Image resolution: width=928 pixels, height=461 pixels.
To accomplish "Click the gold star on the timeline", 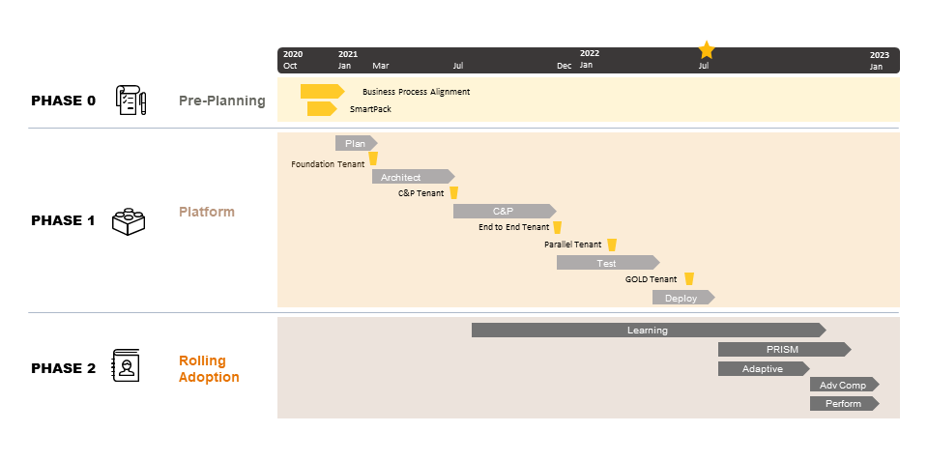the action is [706, 49].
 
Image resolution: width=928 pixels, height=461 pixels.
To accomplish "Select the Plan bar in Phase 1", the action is [356, 143].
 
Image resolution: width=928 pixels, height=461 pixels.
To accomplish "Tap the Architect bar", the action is [413, 177].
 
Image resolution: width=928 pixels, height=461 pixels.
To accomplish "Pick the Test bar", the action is [607, 263].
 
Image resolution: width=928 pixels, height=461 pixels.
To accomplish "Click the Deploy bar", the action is [683, 298].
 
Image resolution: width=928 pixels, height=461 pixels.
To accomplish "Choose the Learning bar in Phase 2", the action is [648, 331].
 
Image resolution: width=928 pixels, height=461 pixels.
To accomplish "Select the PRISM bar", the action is [784, 349].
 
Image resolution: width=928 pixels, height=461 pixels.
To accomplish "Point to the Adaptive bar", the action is [764, 368].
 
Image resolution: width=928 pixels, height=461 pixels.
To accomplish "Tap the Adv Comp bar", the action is [844, 386].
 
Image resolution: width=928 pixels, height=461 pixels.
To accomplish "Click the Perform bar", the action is [844, 404].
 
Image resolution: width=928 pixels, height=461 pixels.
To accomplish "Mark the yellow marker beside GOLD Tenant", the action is [689, 278].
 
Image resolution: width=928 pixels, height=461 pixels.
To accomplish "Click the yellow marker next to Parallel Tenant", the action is [612, 245].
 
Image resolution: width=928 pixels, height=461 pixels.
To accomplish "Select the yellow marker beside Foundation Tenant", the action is [373, 158].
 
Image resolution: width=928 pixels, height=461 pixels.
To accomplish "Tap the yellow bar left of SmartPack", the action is [321, 109].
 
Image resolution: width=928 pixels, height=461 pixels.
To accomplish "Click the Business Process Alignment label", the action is [416, 92].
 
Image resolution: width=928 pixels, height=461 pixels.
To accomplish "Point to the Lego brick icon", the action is [129, 221].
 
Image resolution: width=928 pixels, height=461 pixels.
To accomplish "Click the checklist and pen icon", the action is [130, 100].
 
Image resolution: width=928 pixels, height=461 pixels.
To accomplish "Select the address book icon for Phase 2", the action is [126, 365].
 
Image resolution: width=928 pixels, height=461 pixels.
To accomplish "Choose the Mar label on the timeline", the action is [381, 66].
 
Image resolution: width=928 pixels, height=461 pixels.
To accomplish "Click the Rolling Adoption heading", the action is [209, 368].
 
